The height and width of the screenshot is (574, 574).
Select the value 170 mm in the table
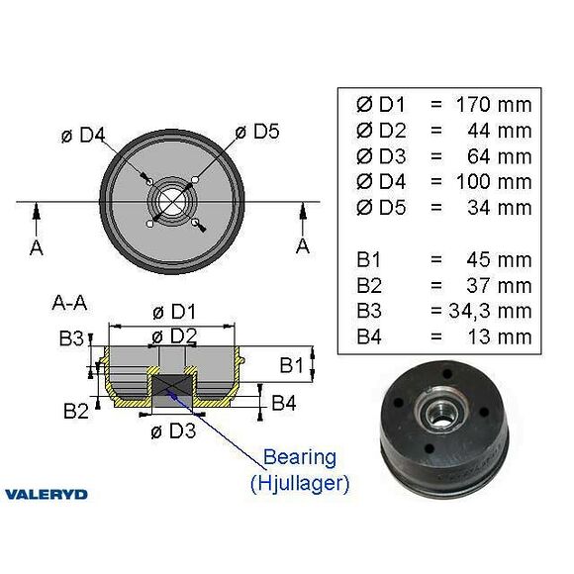[x=493, y=104]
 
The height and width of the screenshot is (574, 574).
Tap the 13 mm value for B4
[x=499, y=337]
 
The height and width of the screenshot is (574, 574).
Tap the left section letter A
[x=37, y=247]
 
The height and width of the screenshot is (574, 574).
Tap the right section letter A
[x=303, y=244]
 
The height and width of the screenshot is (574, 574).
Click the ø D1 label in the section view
[x=174, y=312]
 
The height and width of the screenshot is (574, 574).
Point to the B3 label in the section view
[x=70, y=339]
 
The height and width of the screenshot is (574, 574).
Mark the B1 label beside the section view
[x=291, y=366]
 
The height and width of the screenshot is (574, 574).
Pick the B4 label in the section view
[x=283, y=403]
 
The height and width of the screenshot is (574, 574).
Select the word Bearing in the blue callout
[x=299, y=458]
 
